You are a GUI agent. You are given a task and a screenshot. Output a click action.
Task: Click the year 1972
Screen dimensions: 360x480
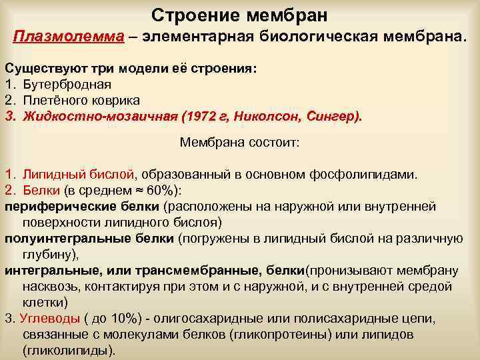click(x=197, y=116)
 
